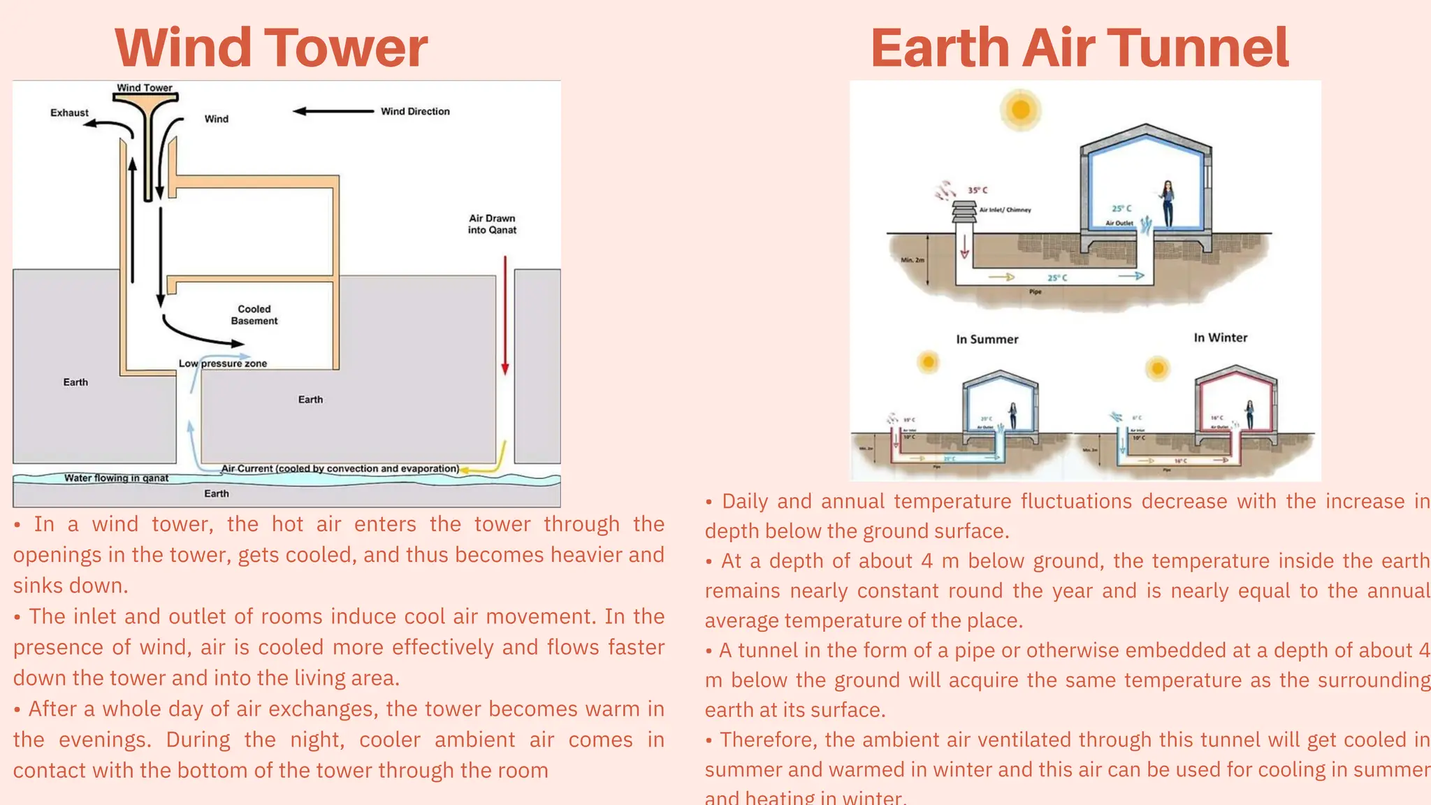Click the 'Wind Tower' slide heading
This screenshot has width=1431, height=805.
tap(271, 48)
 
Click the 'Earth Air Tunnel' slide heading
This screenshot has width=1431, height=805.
tap(1079, 48)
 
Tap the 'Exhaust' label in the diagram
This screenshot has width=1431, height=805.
tap(69, 113)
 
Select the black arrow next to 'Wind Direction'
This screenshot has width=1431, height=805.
tap(333, 111)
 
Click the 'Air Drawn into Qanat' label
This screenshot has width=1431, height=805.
tap(493, 224)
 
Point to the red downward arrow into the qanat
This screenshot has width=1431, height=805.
tap(505, 314)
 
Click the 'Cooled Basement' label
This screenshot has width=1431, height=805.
tap(254, 314)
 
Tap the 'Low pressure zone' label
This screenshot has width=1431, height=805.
tap(223, 363)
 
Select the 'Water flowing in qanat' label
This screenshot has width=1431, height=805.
tap(116, 478)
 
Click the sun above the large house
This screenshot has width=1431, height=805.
tap(1021, 110)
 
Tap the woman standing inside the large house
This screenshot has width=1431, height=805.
tap(1167, 203)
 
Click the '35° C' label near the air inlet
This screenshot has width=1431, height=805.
tap(978, 190)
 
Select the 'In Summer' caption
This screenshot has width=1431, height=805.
tap(987, 340)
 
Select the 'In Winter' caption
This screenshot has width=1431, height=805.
tap(1220, 338)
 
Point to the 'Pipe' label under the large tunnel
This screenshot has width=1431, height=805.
tap(1035, 291)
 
